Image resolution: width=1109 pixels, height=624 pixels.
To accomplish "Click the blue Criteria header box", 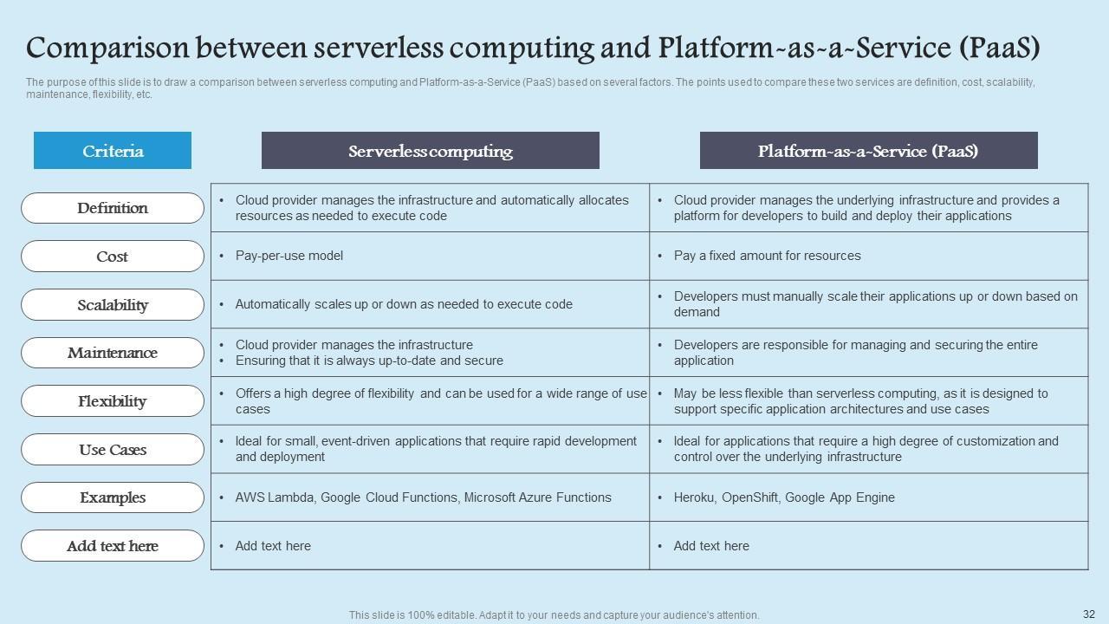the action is pos(113,151).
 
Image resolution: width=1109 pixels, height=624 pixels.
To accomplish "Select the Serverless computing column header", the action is pos(430,151).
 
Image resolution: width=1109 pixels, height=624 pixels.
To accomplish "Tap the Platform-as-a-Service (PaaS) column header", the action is pos(868,151).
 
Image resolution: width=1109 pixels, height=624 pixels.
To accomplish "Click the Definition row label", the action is pos(113,208).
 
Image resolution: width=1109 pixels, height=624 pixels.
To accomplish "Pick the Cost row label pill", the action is pos(113,257).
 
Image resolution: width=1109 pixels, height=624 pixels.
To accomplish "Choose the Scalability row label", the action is pos(113,305).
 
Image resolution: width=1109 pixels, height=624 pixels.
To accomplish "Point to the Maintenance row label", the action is pos(113,353).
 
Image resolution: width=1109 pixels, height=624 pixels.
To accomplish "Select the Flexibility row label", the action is pos(113,401).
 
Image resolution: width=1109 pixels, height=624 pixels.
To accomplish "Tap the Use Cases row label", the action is pos(113,450).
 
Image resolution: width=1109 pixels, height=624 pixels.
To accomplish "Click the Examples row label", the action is pos(113,497).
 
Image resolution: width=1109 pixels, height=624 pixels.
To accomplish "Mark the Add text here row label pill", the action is pos(113,546).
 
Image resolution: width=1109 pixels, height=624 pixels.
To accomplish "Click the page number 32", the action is pos(1089,614).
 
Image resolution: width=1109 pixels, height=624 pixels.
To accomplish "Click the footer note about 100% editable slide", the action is pos(554,615).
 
